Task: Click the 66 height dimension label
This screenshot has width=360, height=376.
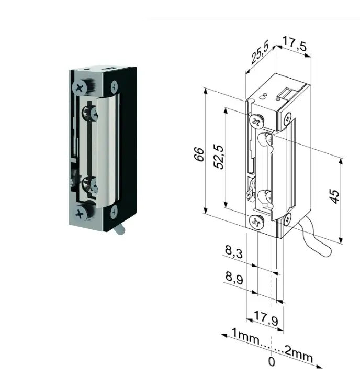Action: pos(199,154)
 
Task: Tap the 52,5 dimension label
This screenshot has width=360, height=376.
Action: pos(219,157)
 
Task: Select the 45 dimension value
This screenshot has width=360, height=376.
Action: pos(334,196)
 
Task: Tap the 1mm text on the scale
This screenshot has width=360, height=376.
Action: pos(245,336)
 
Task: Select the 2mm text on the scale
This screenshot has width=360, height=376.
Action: pos(299,355)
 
